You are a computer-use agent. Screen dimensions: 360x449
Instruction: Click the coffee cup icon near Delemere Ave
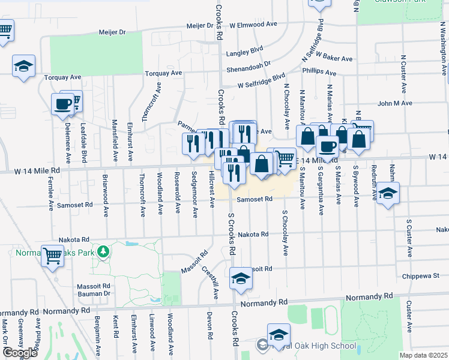(62, 104)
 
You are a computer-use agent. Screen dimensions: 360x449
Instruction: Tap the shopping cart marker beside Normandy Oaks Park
(53, 256)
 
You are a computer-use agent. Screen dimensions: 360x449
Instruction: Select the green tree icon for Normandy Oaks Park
(104, 251)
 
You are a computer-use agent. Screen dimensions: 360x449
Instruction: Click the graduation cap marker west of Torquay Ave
(23, 66)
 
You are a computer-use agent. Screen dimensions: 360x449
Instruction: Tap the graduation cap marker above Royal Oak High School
(279, 335)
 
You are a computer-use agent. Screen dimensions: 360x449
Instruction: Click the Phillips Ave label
(319, 71)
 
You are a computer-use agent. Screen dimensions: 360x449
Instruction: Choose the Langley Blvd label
(245, 53)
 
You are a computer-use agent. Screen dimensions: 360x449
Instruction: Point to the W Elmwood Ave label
(253, 25)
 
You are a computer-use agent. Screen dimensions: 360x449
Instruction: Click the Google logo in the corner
(20, 353)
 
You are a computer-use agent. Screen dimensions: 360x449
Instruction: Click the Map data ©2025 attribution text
(423, 355)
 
